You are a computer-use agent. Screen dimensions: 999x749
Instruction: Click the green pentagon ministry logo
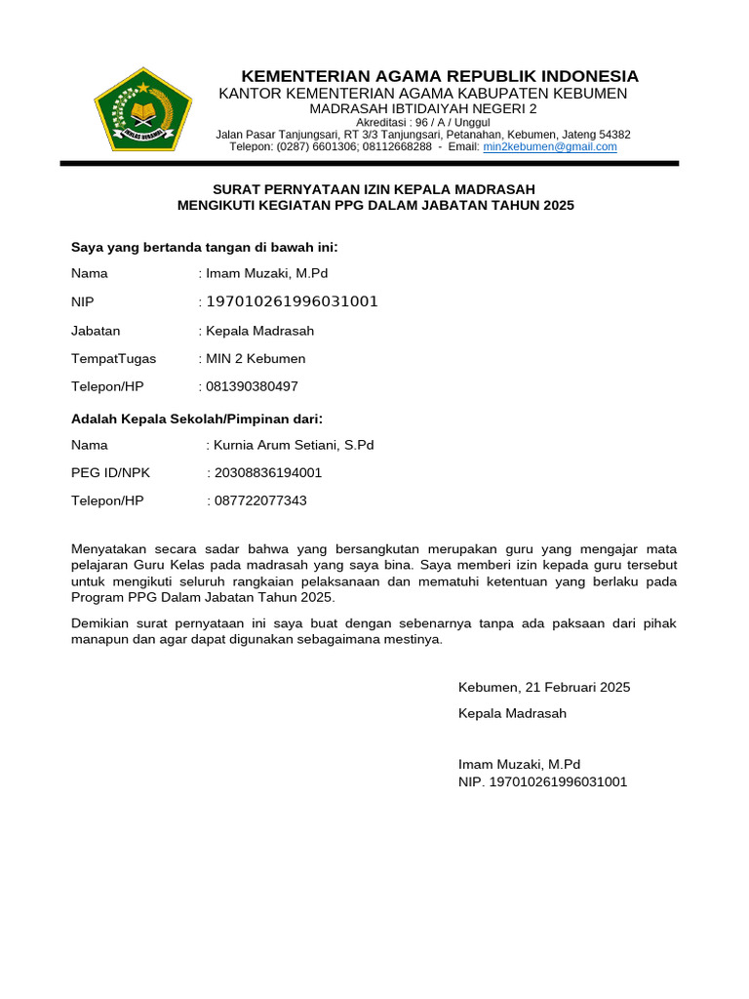click(x=143, y=108)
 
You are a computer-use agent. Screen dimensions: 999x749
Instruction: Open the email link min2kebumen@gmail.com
click(x=550, y=147)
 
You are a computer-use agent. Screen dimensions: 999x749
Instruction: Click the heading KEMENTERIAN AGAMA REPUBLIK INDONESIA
click(x=439, y=76)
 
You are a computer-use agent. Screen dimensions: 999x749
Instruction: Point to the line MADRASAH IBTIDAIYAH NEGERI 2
click(x=423, y=108)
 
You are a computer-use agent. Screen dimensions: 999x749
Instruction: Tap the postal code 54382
click(x=613, y=135)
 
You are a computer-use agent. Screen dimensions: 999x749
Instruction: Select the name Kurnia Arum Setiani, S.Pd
click(x=294, y=445)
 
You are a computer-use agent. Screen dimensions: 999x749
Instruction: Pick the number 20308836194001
click(x=267, y=473)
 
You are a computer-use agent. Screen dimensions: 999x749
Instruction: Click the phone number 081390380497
click(x=252, y=387)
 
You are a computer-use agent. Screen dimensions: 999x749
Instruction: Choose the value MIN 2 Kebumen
click(x=256, y=359)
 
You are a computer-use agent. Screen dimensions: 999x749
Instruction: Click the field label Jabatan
click(x=96, y=331)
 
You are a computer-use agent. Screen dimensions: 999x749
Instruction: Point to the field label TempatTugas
click(x=113, y=359)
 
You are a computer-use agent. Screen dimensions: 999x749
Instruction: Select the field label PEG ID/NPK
click(x=110, y=473)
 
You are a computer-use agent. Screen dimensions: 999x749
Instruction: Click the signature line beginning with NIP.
click(x=542, y=781)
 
